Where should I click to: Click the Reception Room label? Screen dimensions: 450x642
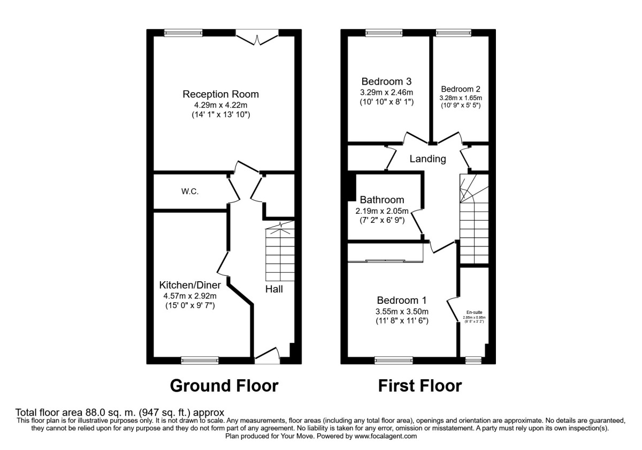[x=220, y=94]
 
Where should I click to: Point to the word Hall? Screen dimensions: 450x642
[x=274, y=289]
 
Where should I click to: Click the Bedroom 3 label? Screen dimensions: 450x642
[x=386, y=82]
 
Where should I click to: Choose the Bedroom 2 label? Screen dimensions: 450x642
[x=460, y=89]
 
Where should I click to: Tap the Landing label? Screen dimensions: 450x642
[x=427, y=159]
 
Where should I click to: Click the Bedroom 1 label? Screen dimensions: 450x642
[x=401, y=300]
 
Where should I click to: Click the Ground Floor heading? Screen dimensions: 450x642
[x=224, y=385]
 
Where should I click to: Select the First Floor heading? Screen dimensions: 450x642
[x=419, y=385]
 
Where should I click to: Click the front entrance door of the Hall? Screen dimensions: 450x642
[x=267, y=356]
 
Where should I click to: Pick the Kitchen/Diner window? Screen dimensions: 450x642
[x=200, y=361]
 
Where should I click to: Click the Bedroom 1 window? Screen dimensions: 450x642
[x=393, y=361]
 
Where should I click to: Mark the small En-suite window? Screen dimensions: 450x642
[x=473, y=361]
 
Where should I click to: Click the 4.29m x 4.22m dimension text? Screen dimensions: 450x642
[x=220, y=106]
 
